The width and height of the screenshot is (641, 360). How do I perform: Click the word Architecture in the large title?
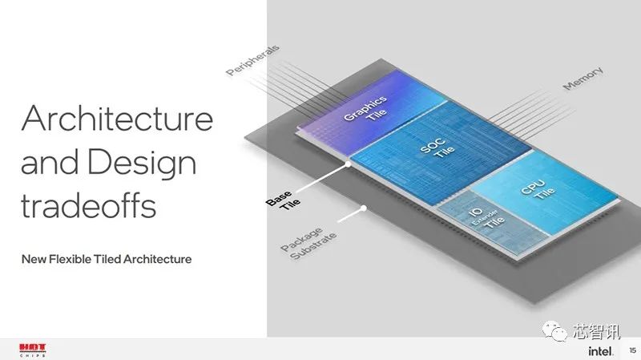point(117,118)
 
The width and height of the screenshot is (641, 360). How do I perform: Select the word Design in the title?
point(142,163)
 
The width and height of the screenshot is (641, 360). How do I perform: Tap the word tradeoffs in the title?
point(89,205)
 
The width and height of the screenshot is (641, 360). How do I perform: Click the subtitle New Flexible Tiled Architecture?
point(107,259)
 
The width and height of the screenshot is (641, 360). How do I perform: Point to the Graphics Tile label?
point(366,109)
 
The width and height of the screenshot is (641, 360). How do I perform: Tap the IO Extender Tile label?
point(486,217)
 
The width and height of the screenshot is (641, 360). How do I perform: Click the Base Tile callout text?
point(283,200)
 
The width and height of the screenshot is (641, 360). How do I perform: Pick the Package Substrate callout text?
point(308,244)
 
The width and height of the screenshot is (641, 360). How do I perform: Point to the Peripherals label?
point(252,60)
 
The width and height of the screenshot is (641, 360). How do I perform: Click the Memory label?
point(583,78)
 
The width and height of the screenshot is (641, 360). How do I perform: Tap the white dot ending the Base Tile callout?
point(348,164)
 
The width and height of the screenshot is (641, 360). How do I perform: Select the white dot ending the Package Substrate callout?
point(364,208)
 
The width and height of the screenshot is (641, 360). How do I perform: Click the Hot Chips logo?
point(33,350)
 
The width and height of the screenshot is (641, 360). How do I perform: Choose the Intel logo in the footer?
point(600,350)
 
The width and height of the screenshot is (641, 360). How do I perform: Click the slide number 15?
point(632,350)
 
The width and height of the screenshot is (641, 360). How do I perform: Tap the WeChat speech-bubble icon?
point(554,330)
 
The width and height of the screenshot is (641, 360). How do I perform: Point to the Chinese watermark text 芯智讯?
point(596,331)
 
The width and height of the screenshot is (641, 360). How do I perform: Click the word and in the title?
point(50,163)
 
